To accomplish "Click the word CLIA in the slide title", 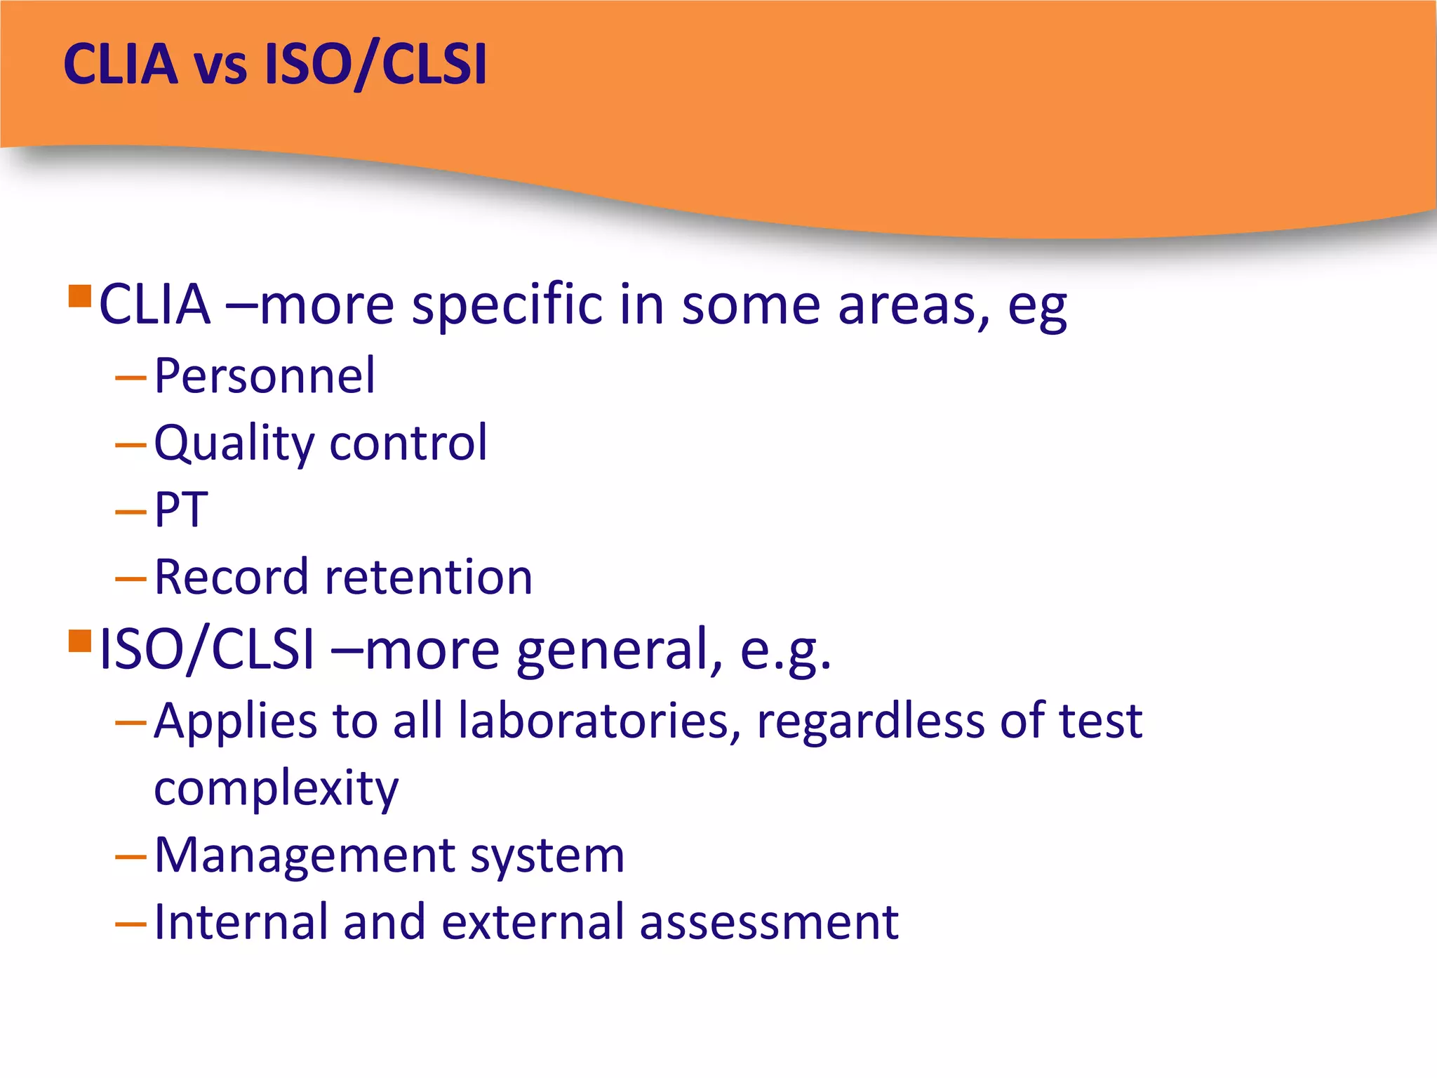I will [121, 65].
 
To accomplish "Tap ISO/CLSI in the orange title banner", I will [375, 65].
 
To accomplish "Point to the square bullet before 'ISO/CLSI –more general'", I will [80, 641].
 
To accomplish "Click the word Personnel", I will [265, 376].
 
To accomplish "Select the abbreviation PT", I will [181, 510].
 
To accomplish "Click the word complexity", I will [276, 789].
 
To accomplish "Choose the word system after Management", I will [547, 857].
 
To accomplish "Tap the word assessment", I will [769, 922].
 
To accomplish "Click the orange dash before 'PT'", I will [131, 512].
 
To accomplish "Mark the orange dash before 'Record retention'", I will [131, 579].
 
